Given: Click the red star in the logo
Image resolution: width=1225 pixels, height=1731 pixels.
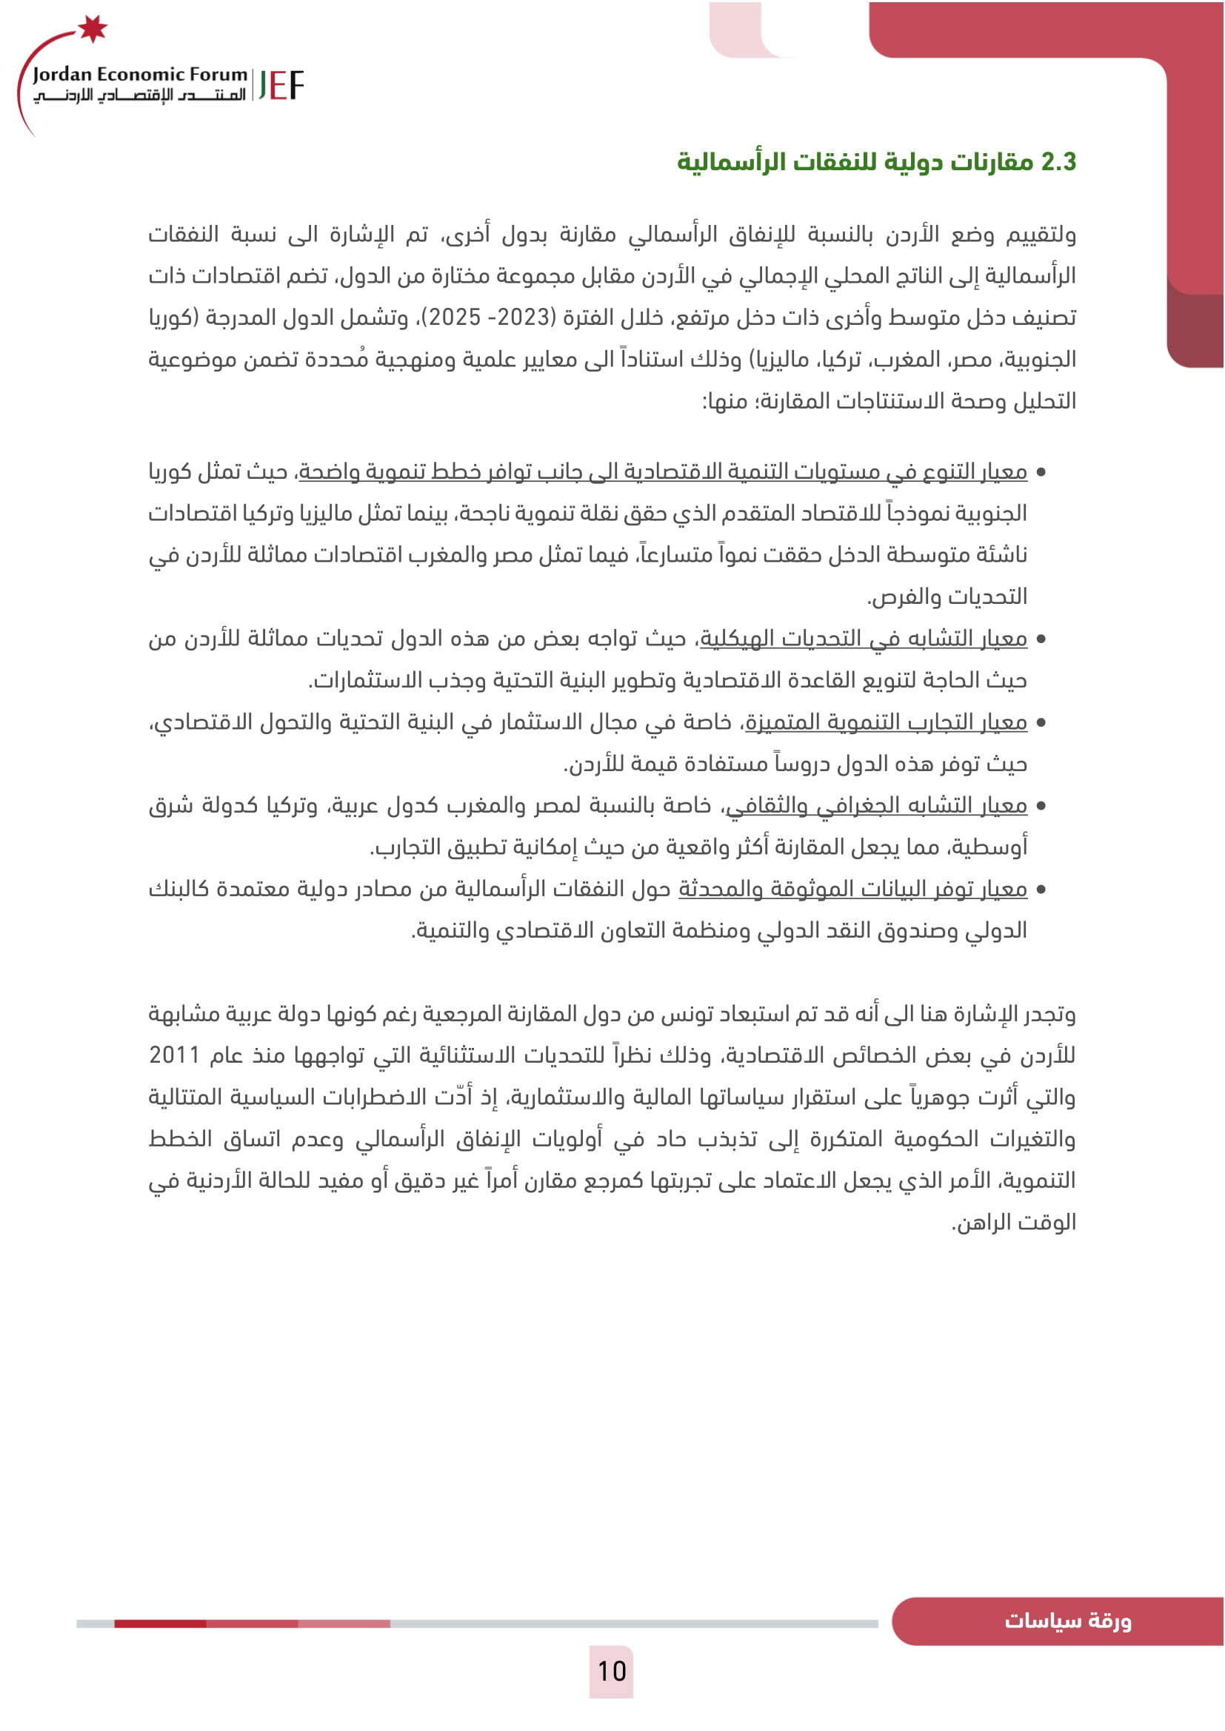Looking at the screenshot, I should pyautogui.click(x=93, y=29).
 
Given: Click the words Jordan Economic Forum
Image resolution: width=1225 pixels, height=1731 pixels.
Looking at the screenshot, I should pyautogui.click(x=139, y=74).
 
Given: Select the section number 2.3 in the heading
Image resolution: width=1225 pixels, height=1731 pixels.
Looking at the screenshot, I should pyautogui.click(x=1058, y=162).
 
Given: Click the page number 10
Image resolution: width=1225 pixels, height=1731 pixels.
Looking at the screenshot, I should pyautogui.click(x=612, y=1672).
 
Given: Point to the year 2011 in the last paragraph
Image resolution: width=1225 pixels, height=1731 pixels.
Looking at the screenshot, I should pyautogui.click(x=174, y=1055).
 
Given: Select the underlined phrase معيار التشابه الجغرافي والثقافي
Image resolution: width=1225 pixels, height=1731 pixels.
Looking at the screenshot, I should pyautogui.click(x=876, y=805).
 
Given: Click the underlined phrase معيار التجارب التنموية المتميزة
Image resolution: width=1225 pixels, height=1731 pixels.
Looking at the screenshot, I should pyautogui.click(x=887, y=722).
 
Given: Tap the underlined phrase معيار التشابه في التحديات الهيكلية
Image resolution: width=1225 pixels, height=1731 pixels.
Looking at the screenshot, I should pyautogui.click(x=864, y=638).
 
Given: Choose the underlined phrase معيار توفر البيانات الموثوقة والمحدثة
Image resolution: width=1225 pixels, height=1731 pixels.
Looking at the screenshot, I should pyautogui.click(x=852, y=889).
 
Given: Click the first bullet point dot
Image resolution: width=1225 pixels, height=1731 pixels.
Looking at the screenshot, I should pyautogui.click(x=1041, y=473).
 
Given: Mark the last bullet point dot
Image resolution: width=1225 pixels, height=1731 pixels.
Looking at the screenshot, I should pyautogui.click(x=1041, y=890).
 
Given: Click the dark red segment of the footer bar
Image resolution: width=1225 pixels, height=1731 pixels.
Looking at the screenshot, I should pyautogui.click(x=160, y=1623).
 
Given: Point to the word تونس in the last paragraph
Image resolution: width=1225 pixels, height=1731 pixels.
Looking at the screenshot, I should pyautogui.click(x=664, y=1014).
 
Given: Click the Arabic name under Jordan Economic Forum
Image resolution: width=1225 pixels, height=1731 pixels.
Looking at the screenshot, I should pyautogui.click(x=139, y=95).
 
